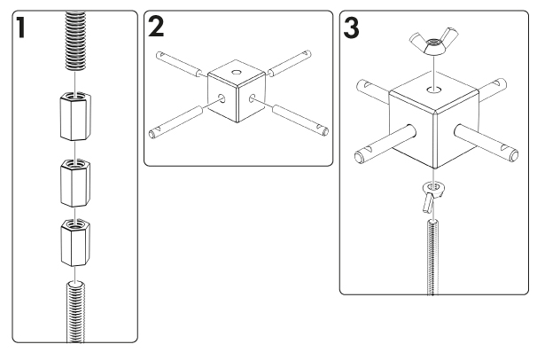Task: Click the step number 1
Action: (x=19, y=29)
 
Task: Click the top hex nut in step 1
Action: (x=74, y=116)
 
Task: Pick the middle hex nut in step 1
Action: (x=74, y=181)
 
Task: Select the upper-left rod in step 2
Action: (x=181, y=70)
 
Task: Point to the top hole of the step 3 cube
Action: (x=430, y=90)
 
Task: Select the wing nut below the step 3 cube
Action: (x=431, y=193)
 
